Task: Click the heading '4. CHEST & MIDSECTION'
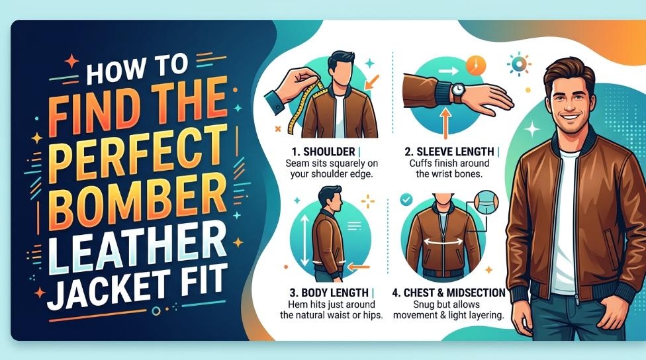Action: (449, 293)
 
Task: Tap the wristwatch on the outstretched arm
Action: (457, 91)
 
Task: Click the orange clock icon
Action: (475, 66)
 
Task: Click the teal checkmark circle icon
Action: (406, 200)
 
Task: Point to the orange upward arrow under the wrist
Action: (445, 122)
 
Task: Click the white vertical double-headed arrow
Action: (304, 240)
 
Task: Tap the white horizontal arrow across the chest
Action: (443, 242)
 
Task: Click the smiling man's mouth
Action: (571, 116)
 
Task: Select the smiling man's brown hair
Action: (569, 72)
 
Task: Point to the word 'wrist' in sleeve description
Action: (441, 174)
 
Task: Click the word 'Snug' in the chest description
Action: (424, 305)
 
